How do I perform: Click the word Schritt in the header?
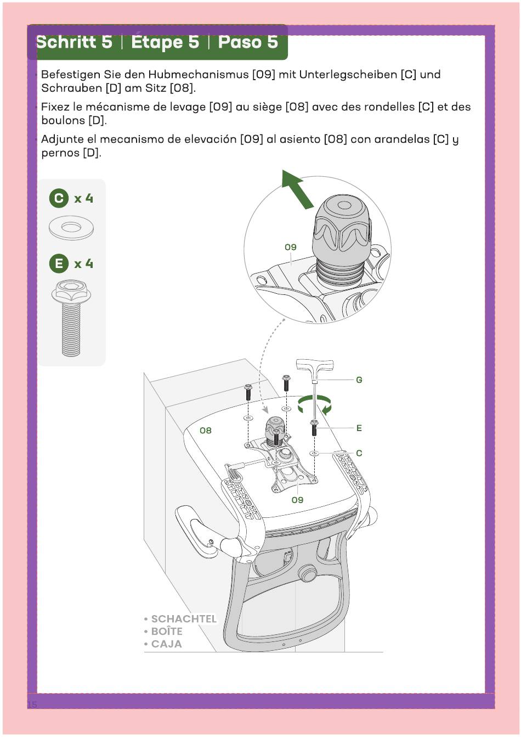pos(74,42)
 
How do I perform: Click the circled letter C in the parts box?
pos(59,198)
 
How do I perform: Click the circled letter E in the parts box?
pos(59,263)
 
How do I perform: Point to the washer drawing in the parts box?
pos(71,228)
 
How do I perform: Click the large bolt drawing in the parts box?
pos(71,318)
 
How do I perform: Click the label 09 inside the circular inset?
pos(291,247)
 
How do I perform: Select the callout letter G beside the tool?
pos(359,379)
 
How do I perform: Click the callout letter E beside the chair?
pos(359,428)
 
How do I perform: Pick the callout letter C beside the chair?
pos(359,453)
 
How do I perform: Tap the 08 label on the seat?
pos(206,431)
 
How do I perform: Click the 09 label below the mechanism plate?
pos(297,500)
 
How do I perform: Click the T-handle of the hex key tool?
pos(315,365)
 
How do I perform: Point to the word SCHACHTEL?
pos(184,618)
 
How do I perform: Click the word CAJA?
pos(167,644)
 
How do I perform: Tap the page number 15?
pos(32,705)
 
